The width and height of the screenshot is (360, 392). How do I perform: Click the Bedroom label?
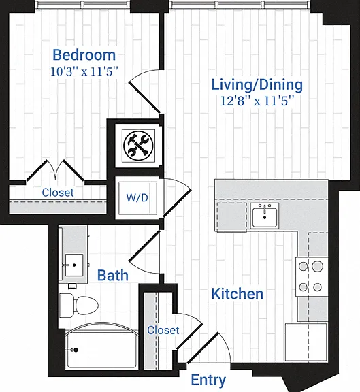click(x=84, y=54)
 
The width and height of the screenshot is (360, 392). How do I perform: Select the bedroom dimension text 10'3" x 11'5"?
click(x=84, y=71)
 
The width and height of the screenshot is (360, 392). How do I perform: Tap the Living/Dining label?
click(x=257, y=85)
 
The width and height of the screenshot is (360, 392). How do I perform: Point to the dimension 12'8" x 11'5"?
click(x=257, y=101)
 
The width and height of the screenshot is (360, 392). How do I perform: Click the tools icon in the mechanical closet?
click(x=138, y=145)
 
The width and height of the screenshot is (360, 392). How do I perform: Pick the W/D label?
click(x=137, y=197)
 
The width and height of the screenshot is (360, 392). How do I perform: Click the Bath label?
click(x=113, y=275)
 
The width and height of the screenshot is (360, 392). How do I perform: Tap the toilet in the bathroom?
click(x=79, y=306)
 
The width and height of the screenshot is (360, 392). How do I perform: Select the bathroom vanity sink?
click(x=74, y=265)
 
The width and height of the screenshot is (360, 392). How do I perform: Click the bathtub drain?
click(x=76, y=350)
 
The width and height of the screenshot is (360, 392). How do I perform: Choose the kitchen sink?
click(x=265, y=216)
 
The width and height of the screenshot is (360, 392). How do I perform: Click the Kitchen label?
click(x=238, y=294)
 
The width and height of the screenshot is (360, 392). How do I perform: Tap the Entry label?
click(x=208, y=380)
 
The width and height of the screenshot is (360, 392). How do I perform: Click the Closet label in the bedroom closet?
click(x=58, y=193)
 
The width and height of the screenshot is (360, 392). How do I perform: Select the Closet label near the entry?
click(x=163, y=330)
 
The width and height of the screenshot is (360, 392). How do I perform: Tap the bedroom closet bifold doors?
click(x=55, y=170)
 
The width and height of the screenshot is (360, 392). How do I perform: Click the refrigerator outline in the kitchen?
click(x=306, y=342)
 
